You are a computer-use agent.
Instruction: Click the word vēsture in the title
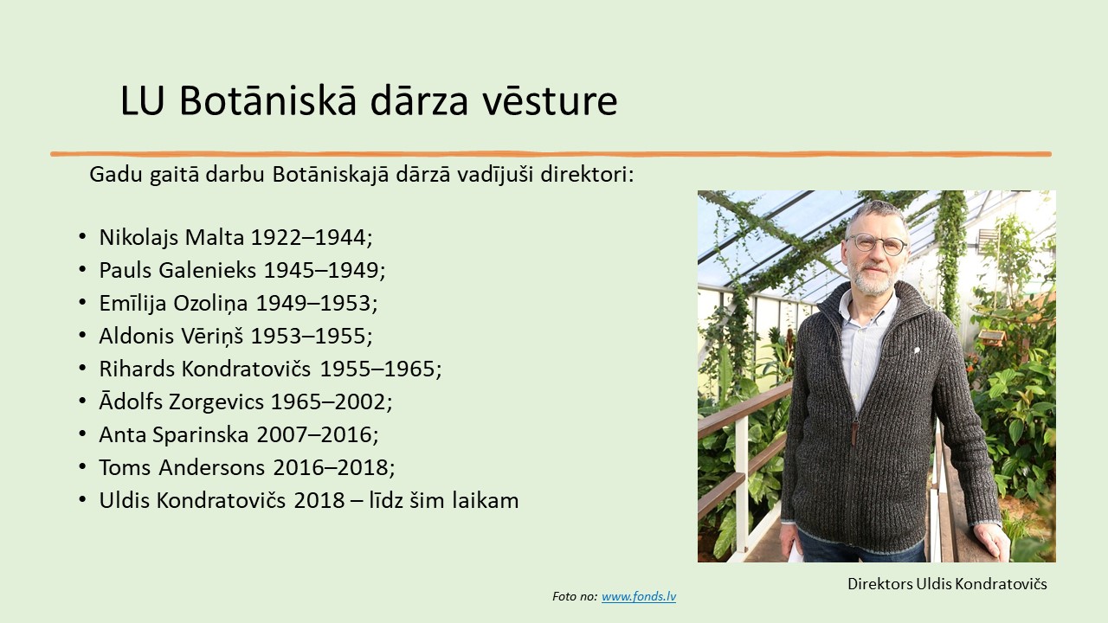tap(550, 101)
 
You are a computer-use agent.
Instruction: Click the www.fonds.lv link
tap(639, 597)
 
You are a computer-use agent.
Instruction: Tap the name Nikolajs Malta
tap(171, 238)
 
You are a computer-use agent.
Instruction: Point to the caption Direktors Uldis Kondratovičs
tap(947, 584)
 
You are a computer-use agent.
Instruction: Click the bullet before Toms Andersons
tap(82, 467)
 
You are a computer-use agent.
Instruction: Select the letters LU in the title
tap(142, 101)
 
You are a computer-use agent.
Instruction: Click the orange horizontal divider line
tap(551, 154)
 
